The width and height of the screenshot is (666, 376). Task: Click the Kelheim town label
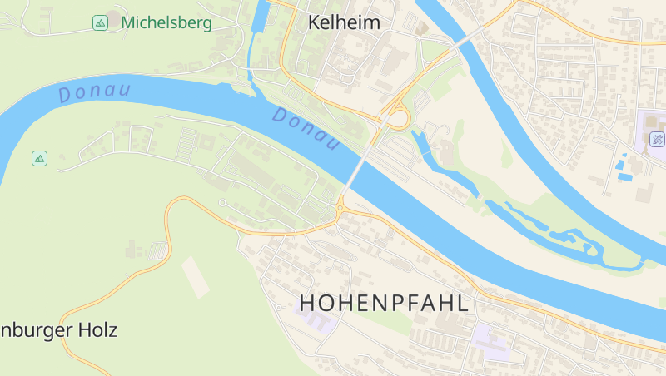coord(344,22)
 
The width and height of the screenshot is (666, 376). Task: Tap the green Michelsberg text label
coord(166,22)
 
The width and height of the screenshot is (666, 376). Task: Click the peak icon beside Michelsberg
coord(100,22)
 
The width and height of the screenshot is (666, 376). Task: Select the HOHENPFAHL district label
coord(384,304)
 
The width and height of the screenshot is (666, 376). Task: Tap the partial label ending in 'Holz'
coord(58,330)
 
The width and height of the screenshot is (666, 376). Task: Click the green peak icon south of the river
coord(39,158)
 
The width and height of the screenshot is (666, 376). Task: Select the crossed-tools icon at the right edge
coord(657,140)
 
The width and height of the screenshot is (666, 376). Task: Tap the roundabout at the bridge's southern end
coord(341,207)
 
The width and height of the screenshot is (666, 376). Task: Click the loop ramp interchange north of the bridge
coord(397,118)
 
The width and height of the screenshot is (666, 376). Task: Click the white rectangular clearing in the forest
coord(196,276)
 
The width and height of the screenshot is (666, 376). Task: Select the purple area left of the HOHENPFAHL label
coord(316,318)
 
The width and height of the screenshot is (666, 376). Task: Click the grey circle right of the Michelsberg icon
coord(112,17)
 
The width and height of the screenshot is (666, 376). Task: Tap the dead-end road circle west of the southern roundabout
coord(222,202)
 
